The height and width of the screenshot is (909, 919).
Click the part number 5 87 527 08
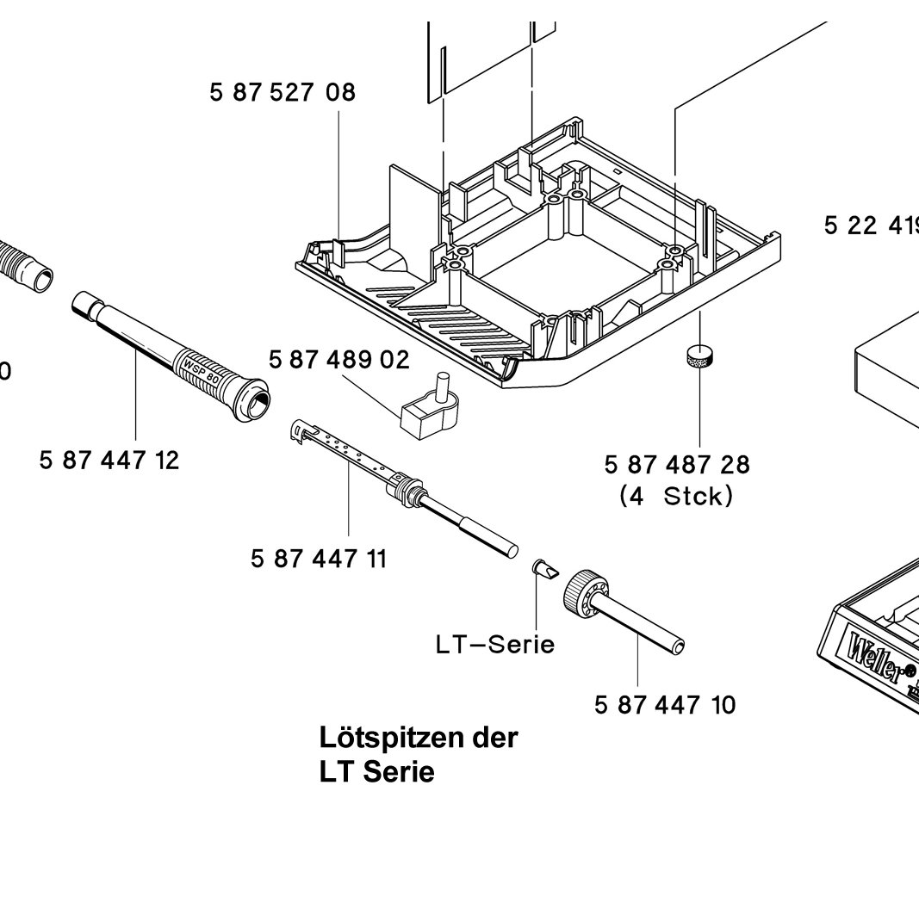(283, 92)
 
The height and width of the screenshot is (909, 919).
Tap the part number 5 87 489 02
(339, 360)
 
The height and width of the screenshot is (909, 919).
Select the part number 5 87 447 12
(109, 461)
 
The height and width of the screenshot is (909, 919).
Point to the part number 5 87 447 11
(319, 559)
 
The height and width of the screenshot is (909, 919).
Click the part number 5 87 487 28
(677, 465)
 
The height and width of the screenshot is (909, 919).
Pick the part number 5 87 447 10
(666, 705)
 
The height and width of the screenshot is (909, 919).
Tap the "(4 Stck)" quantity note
(677, 497)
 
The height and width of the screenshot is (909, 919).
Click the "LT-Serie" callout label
(495, 644)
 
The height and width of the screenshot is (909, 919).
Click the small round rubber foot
(700, 356)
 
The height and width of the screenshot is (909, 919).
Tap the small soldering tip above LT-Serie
(543, 569)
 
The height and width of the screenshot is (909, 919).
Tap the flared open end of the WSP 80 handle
(256, 402)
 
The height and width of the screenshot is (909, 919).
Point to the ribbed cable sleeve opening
(38, 278)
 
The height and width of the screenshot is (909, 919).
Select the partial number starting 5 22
(870, 226)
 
